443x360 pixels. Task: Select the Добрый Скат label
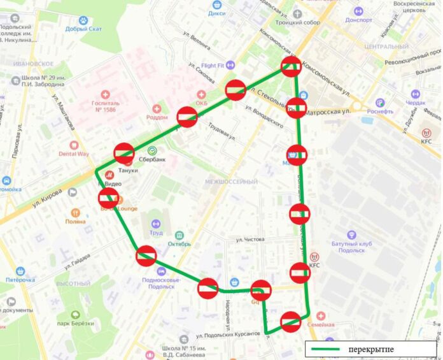click(x=83, y=29)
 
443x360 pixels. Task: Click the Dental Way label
click(x=74, y=154)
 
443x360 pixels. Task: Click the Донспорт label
click(x=359, y=20)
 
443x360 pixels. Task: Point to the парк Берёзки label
click(x=76, y=323)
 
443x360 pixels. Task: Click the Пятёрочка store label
click(x=20, y=279)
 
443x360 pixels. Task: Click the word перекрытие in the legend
click(x=371, y=350)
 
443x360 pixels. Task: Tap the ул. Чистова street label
click(x=250, y=240)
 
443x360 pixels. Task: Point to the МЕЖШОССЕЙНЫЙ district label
click(x=231, y=182)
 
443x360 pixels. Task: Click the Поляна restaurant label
click(x=75, y=221)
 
